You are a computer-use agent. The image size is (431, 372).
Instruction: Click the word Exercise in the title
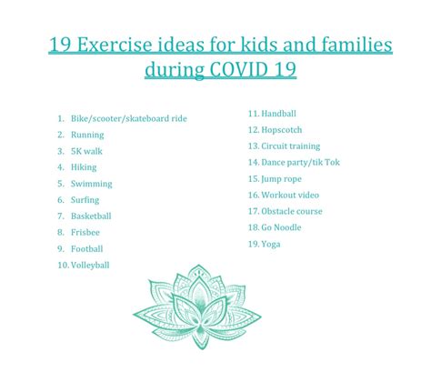tap(115, 45)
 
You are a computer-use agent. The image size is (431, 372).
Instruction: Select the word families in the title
tap(356, 45)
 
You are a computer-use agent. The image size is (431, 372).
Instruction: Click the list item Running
tap(87, 135)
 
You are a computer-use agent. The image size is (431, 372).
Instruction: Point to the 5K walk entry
tap(86, 151)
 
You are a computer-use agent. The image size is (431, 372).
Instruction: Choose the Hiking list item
tap(84, 167)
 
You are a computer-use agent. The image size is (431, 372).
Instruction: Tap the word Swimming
tap(92, 184)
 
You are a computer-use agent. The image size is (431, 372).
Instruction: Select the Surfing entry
tap(85, 200)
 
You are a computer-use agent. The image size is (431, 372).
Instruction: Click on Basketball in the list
tap(91, 216)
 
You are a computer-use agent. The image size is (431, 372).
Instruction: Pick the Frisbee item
tap(85, 233)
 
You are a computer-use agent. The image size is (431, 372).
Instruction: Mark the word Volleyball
tap(90, 266)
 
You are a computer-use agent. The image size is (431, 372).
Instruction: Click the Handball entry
tap(278, 114)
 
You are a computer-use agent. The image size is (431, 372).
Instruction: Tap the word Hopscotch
tap(282, 130)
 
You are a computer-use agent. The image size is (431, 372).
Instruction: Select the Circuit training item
tap(291, 146)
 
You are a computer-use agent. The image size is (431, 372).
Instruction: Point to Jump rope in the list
tap(281, 179)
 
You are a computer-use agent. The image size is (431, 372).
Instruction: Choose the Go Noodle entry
tap(281, 227)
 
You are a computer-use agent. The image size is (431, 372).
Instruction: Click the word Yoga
tap(271, 244)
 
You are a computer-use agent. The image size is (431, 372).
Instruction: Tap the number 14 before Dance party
tap(254, 163)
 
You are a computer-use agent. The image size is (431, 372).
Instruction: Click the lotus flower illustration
tap(197, 307)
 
